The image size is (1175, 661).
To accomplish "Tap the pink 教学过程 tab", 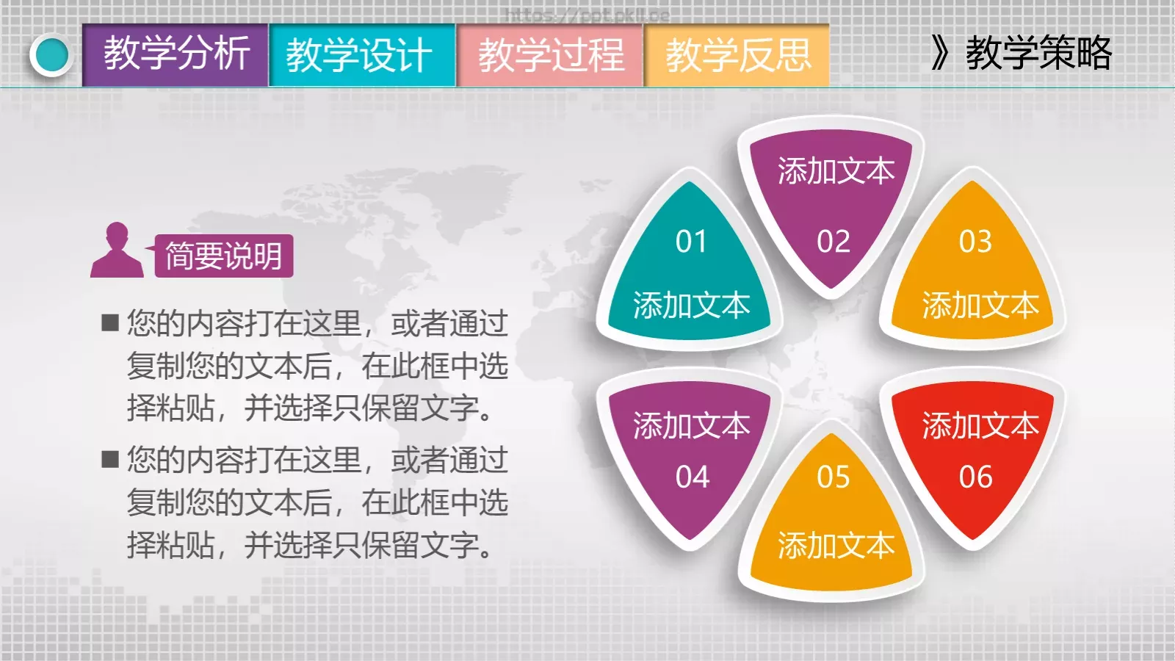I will pyautogui.click(x=550, y=55).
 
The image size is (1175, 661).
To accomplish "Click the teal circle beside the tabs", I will pyautogui.click(x=51, y=55).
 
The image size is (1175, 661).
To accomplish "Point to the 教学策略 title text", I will pyautogui.click(x=1038, y=53).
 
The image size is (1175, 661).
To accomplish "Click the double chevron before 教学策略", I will pyautogui.click(x=940, y=53).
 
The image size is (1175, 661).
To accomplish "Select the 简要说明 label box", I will pyautogui.click(x=223, y=256).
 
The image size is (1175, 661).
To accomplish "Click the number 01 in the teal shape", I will pyautogui.click(x=691, y=242).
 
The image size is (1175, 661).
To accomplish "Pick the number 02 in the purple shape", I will pyautogui.click(x=834, y=242).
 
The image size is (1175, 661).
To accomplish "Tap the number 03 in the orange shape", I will pyautogui.click(x=975, y=242).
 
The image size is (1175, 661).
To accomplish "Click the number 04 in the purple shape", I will pyautogui.click(x=693, y=477).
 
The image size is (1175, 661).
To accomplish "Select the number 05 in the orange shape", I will pyautogui.click(x=834, y=477).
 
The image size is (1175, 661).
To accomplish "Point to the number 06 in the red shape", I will pyautogui.click(x=975, y=477).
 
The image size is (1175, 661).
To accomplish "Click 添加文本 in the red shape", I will pyautogui.click(x=980, y=426).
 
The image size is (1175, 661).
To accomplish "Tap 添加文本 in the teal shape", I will pyautogui.click(x=691, y=306).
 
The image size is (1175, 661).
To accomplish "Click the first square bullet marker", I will pyautogui.click(x=110, y=323).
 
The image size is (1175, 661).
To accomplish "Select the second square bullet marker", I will pyautogui.click(x=110, y=460).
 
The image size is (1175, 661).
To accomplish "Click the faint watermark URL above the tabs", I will pyautogui.click(x=587, y=15).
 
